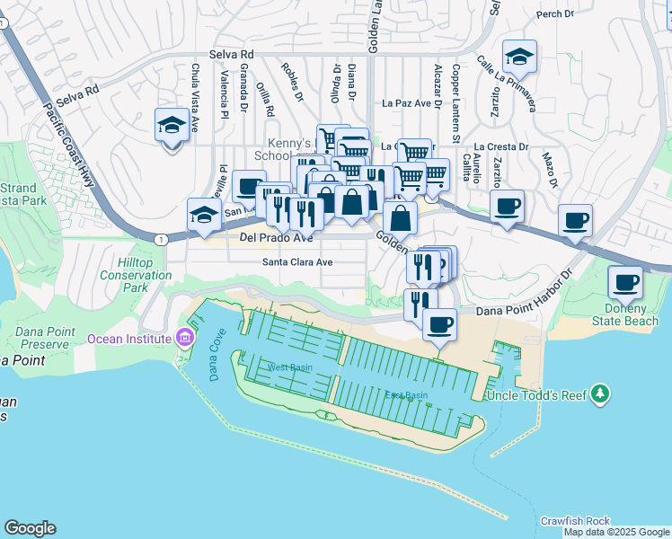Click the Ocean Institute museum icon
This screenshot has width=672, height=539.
point(185,338)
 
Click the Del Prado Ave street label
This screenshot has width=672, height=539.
point(277,238)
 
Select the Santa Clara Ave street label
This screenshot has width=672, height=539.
point(297,262)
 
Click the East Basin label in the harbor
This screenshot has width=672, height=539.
point(406,395)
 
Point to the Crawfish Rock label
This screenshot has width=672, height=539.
point(575,521)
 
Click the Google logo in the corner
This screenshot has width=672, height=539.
point(30,528)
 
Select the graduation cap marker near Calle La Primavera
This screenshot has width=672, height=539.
point(519,57)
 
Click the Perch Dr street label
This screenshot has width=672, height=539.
point(554,14)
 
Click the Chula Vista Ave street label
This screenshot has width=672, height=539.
point(194,97)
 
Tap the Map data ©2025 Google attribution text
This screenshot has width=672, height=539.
point(616,532)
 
